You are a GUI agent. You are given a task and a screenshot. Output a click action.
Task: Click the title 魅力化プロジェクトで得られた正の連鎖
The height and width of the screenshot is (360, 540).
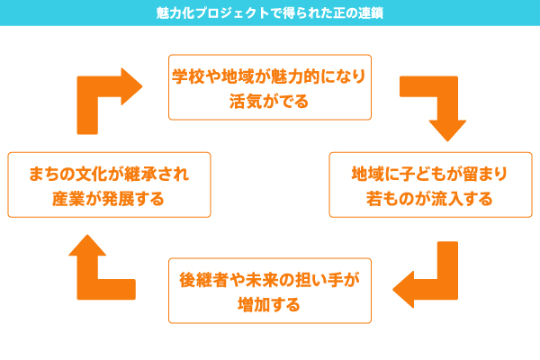pyautogui.click(x=270, y=13)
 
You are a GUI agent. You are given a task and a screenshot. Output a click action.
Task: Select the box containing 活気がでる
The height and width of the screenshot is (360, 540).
pyautogui.click(x=270, y=87)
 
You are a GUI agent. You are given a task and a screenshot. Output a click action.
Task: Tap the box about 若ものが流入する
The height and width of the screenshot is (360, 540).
pyautogui.click(x=430, y=184)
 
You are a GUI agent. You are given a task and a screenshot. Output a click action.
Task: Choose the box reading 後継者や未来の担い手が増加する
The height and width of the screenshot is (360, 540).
pyautogui.click(x=270, y=291)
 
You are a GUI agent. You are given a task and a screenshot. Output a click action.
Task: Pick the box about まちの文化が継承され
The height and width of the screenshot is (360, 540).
pyautogui.click(x=109, y=184)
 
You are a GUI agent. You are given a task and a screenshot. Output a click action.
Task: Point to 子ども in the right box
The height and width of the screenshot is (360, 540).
pyautogui.click(x=424, y=174)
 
